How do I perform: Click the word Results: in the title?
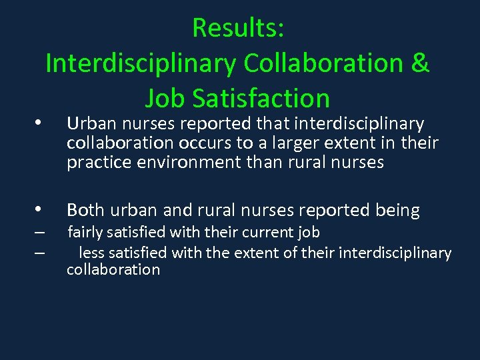click(x=238, y=28)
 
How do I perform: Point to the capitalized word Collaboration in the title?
click(x=323, y=63)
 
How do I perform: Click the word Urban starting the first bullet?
click(x=85, y=124)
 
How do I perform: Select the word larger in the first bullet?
click(x=287, y=143)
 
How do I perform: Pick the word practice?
click(x=95, y=163)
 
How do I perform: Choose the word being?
click(x=399, y=211)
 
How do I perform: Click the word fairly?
click(x=84, y=233)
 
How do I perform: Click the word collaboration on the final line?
click(x=113, y=270)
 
